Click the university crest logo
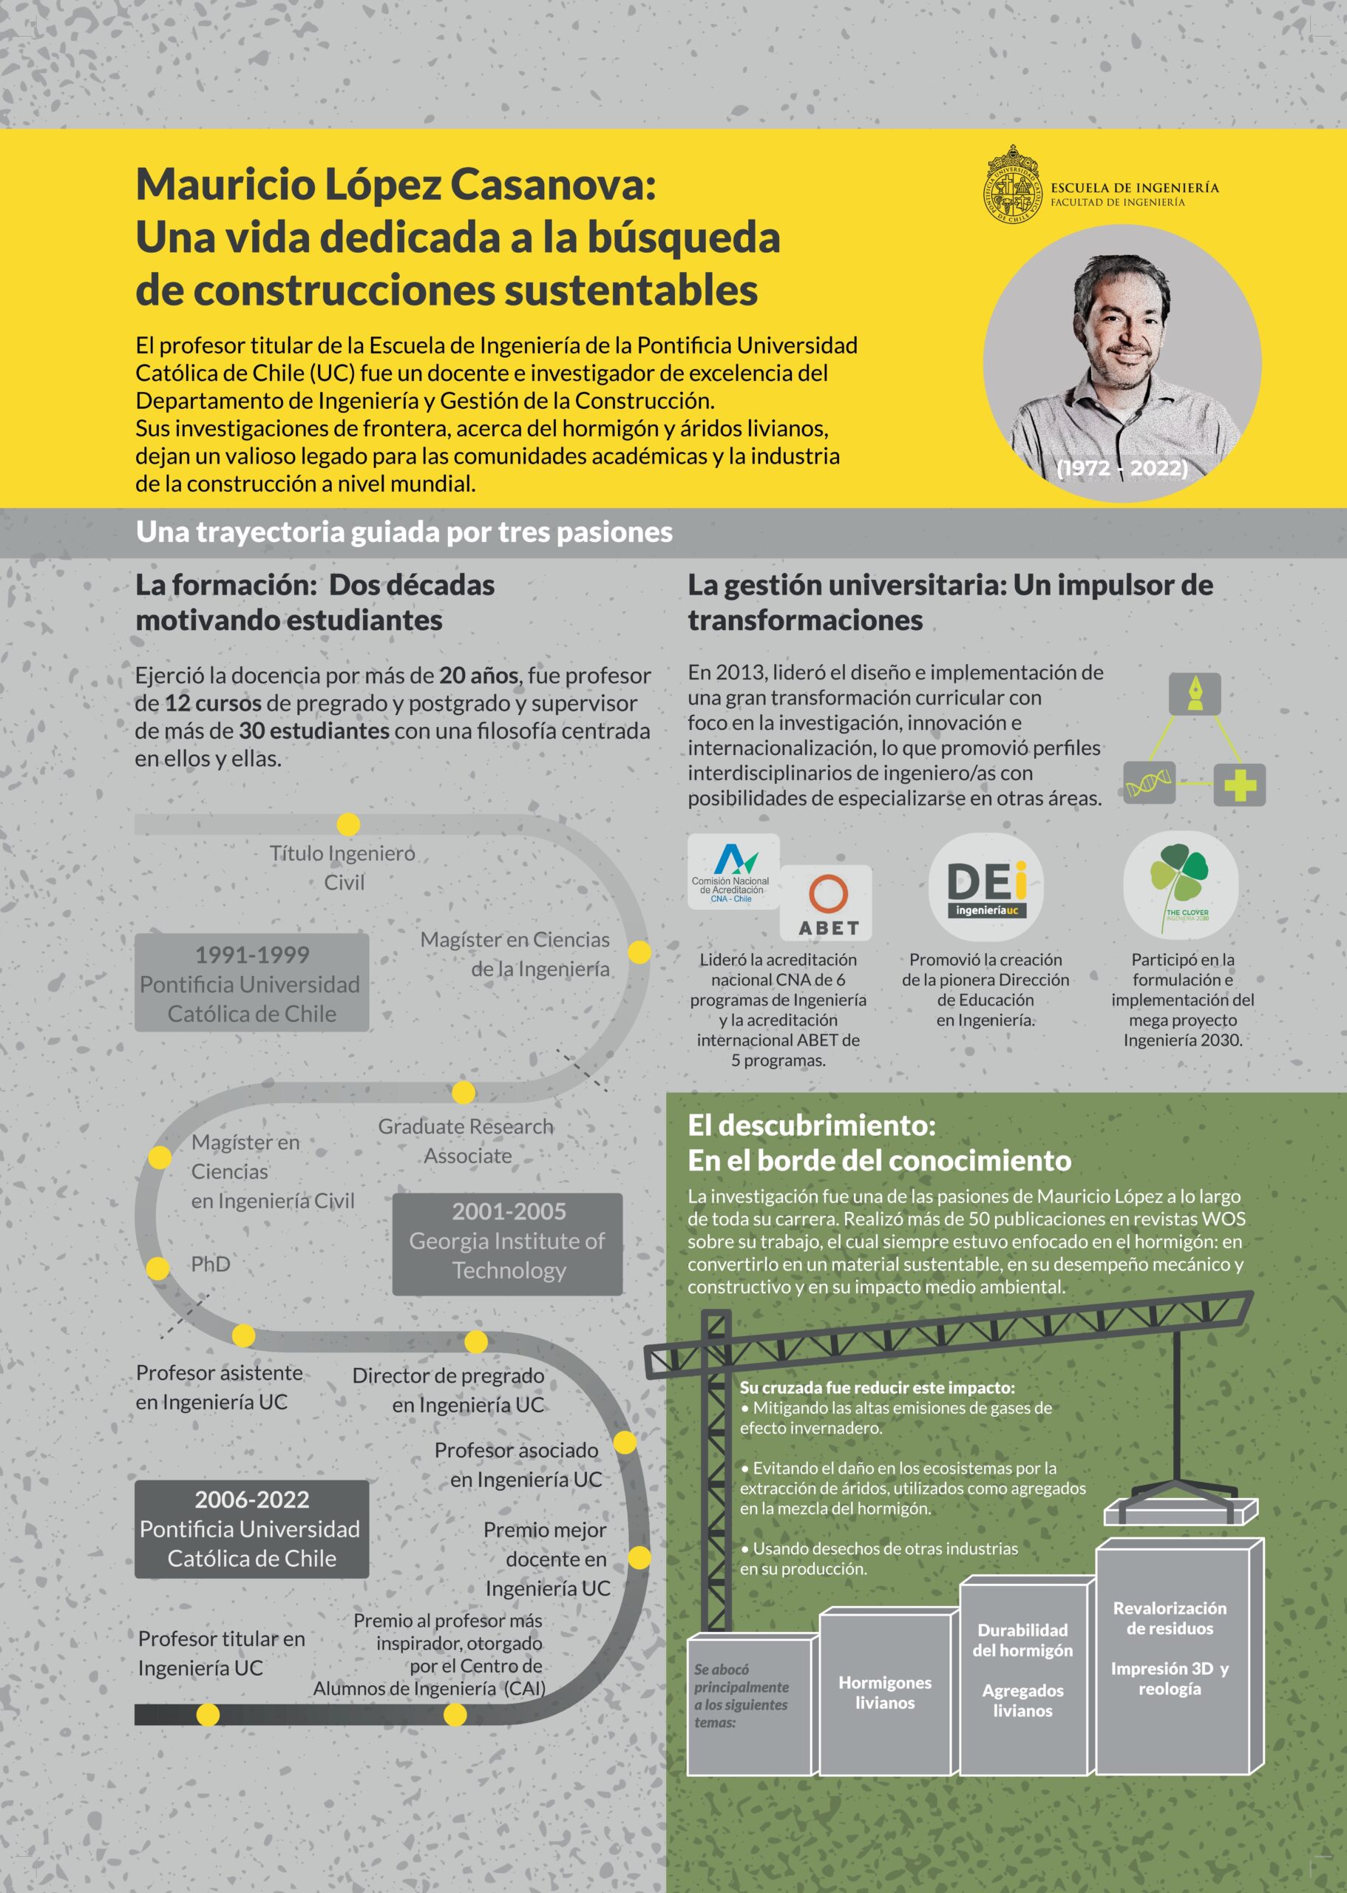pos(1011,184)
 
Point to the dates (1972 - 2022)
pos(1122,468)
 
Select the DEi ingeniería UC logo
pos(985,887)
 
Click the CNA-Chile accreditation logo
pos(733,873)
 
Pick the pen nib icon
pos(1195,694)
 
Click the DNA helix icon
pos(1149,782)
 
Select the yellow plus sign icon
pos(1239,784)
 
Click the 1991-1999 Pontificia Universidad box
pos(251,983)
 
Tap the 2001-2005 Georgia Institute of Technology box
pos(508,1241)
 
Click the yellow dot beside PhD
pos(157,1268)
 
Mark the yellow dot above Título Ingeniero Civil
pos(348,824)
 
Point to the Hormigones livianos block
pos(884,1693)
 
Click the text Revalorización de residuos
pos(1169,1618)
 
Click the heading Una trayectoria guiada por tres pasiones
pos(404,532)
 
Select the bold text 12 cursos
pos(213,702)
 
